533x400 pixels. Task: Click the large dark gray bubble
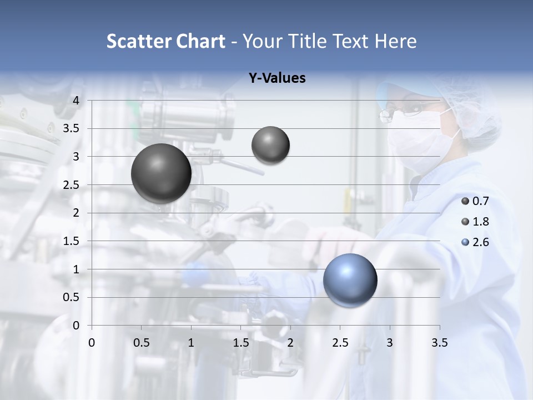(x=161, y=173)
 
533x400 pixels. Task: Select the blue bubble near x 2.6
(x=350, y=280)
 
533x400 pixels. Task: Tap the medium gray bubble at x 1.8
(x=270, y=146)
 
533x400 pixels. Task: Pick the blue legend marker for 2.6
(x=465, y=242)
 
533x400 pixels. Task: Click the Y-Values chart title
(x=277, y=78)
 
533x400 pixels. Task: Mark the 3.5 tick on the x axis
(x=439, y=343)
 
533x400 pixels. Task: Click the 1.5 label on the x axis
(x=240, y=343)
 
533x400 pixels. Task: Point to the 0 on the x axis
(x=92, y=343)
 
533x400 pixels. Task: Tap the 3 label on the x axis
(x=390, y=343)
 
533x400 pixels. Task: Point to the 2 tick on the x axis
(x=290, y=343)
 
